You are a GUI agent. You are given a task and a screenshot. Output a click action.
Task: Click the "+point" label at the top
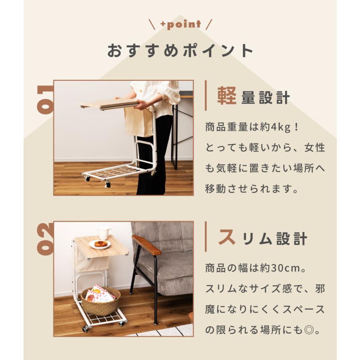click(180, 24)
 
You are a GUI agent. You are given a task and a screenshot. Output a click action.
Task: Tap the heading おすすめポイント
click(180, 51)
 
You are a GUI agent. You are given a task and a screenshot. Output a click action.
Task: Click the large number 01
click(45, 100)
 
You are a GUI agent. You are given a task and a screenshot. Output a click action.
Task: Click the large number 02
click(45, 239)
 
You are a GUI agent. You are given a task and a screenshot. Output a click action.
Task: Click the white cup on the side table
click(104, 232)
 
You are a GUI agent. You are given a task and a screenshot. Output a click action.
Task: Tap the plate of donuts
click(100, 244)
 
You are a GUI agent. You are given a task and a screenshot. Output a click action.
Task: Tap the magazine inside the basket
click(98, 294)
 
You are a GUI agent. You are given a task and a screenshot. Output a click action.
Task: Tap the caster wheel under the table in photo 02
click(85, 329)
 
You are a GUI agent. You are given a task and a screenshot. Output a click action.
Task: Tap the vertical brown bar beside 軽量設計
click(206, 96)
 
